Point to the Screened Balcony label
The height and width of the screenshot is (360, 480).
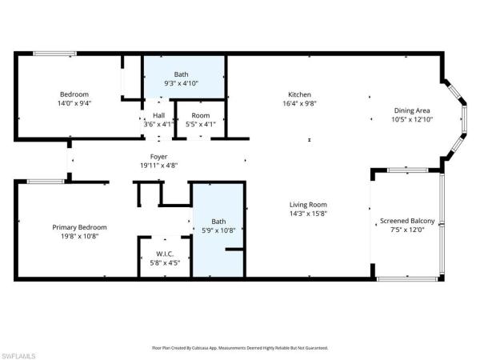407,221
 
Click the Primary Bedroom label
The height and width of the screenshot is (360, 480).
80,227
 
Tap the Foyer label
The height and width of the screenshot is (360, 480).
159,156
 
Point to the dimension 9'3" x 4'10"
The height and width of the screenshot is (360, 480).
182,83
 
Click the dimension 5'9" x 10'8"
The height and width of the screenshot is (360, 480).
218,230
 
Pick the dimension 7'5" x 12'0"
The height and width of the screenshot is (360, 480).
407,230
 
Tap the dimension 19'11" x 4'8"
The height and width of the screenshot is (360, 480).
159,166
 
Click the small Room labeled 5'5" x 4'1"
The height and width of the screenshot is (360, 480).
200,119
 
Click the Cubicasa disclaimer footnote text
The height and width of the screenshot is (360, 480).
240,348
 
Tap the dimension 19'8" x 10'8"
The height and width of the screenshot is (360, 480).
80,237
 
